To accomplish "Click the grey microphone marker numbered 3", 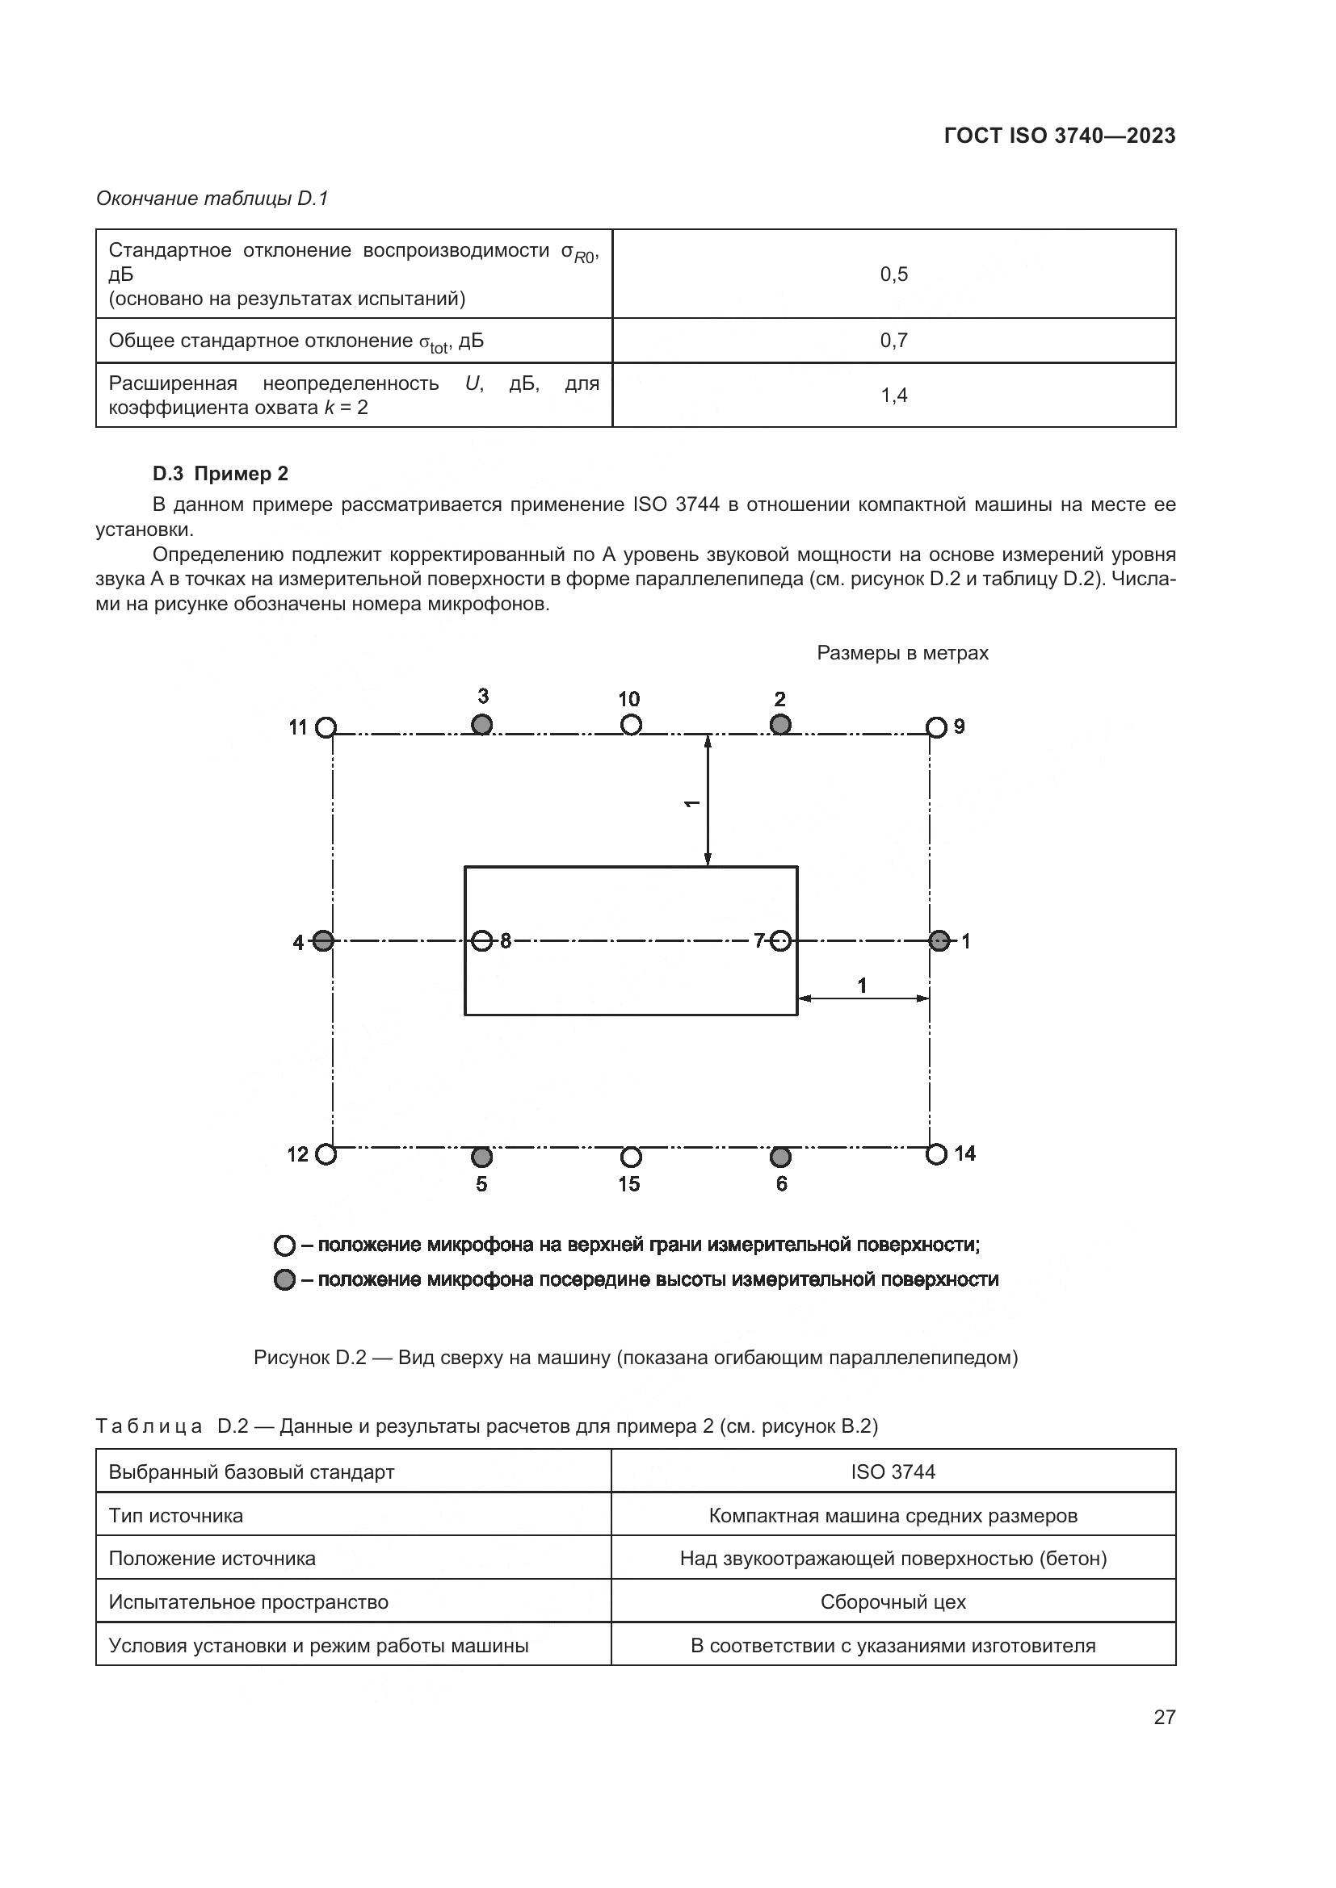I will point(482,724).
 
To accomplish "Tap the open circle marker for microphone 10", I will point(631,724).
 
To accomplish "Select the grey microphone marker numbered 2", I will point(780,724).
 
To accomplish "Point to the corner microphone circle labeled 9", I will point(936,727).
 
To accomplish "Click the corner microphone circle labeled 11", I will point(326,728).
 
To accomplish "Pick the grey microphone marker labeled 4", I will point(323,940).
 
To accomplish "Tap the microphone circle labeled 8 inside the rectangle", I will point(483,940).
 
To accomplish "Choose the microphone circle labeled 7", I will point(781,940).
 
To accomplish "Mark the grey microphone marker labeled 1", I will point(939,940).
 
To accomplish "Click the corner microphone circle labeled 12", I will point(326,1154).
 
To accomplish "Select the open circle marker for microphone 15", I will point(631,1157).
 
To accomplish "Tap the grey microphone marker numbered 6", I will point(780,1157).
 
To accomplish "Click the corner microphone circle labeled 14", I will point(936,1154).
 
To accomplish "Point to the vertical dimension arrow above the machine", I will point(708,800).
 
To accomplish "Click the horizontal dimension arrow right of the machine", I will point(863,998).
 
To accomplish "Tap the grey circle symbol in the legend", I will point(284,1280).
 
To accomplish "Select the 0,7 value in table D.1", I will point(893,341).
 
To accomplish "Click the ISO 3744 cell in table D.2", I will point(893,1472).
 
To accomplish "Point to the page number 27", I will point(1164,1717).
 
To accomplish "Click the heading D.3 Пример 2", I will point(221,474).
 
